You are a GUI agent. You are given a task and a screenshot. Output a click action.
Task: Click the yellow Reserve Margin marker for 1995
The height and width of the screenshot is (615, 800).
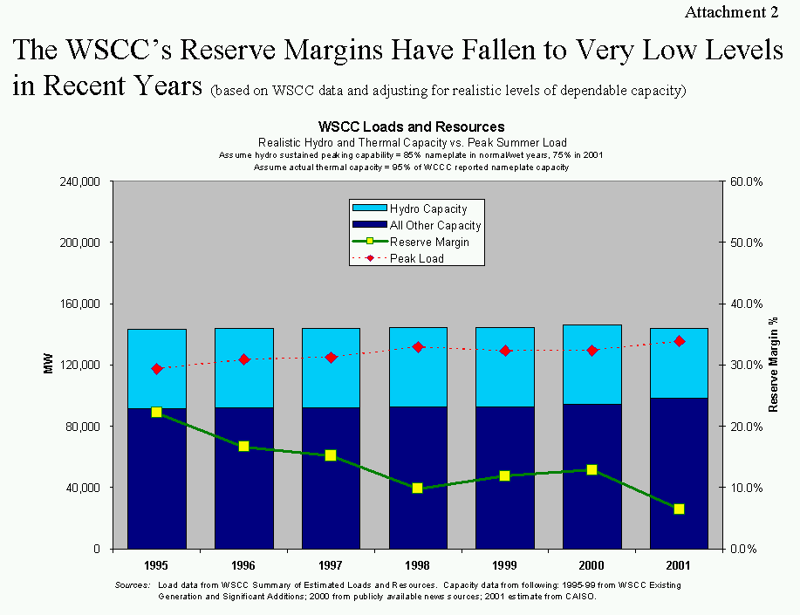[x=157, y=412]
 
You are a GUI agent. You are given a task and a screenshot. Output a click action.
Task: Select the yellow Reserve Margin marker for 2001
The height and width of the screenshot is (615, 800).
[x=679, y=509]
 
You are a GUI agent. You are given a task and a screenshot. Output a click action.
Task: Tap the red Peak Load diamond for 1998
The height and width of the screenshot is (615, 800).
[x=418, y=347]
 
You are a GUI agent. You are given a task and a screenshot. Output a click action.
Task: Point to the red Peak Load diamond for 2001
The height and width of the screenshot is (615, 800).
[x=679, y=341]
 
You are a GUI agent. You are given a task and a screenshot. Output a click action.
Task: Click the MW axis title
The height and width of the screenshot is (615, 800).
[x=49, y=365]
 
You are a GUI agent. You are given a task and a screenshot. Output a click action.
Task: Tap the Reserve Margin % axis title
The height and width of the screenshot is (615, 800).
[x=772, y=365]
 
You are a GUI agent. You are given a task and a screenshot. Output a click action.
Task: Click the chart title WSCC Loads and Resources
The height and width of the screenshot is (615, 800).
[x=412, y=127]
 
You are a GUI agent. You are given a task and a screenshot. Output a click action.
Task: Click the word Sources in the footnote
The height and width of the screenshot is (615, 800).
[x=133, y=584]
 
